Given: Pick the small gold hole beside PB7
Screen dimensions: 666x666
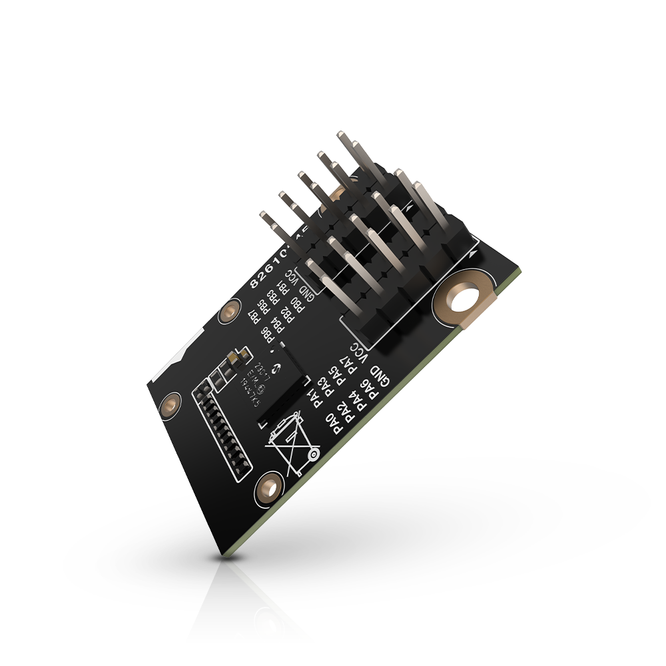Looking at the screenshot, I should tap(230, 310).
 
